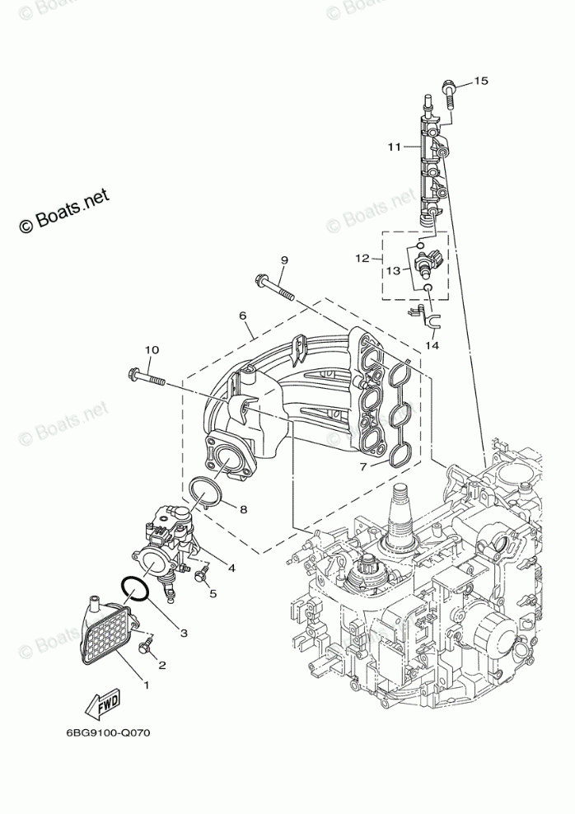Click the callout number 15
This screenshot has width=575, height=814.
481,81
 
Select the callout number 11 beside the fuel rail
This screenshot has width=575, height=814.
395,147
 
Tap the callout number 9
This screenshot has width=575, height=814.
283,260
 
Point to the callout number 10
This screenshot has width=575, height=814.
151,350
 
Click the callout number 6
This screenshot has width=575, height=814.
243,316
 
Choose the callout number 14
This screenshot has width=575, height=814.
432,345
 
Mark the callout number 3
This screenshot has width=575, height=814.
183,633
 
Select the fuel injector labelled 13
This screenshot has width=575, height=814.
428,264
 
